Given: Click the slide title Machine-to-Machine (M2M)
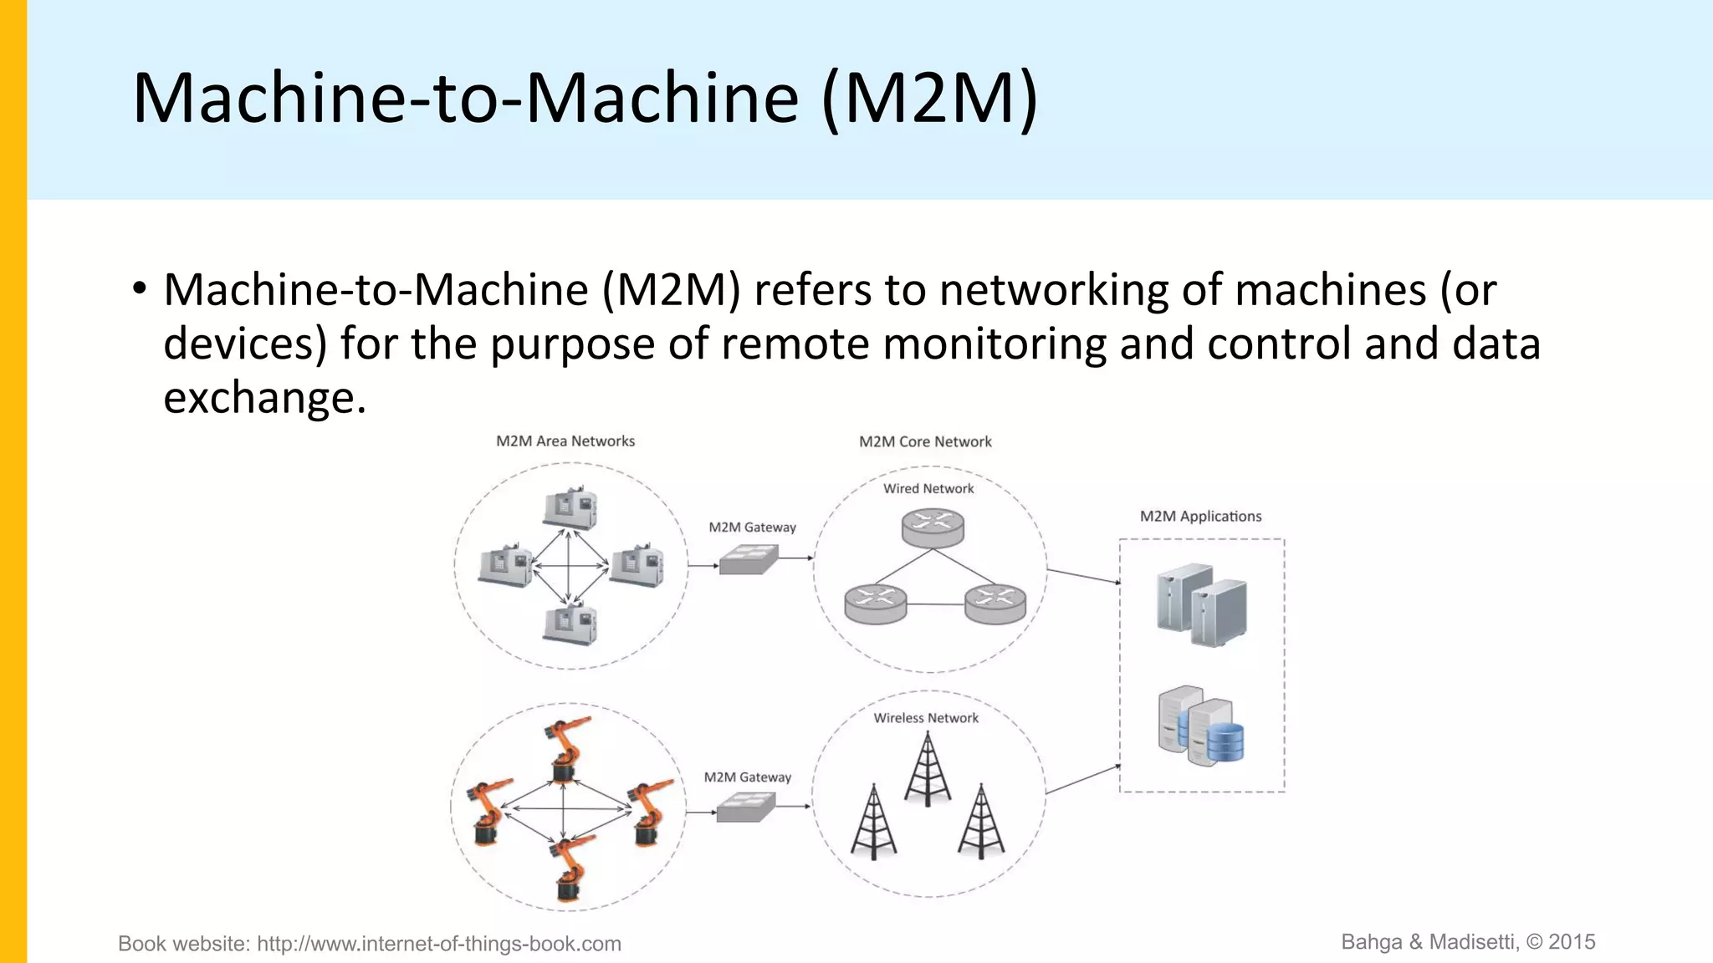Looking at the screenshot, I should (585, 99).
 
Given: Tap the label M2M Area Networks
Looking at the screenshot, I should (565, 441).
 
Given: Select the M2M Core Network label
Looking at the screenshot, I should (925, 442).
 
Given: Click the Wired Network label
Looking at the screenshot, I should (928, 489).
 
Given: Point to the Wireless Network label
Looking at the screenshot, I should (926, 718).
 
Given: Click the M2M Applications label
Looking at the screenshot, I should (1200, 517).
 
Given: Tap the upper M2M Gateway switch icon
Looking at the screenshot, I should (749, 559).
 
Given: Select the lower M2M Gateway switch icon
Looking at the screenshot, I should (746, 808).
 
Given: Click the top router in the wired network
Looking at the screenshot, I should (933, 528).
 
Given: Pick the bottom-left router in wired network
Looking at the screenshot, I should (875, 604).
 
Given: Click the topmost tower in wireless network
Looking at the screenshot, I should (928, 769).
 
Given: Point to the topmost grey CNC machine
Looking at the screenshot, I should (570, 508).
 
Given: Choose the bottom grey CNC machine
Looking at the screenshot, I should (570, 624).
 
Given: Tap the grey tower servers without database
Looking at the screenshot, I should (1202, 605).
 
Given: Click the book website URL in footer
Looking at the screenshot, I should (438, 944).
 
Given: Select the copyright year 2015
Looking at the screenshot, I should (1572, 942).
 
